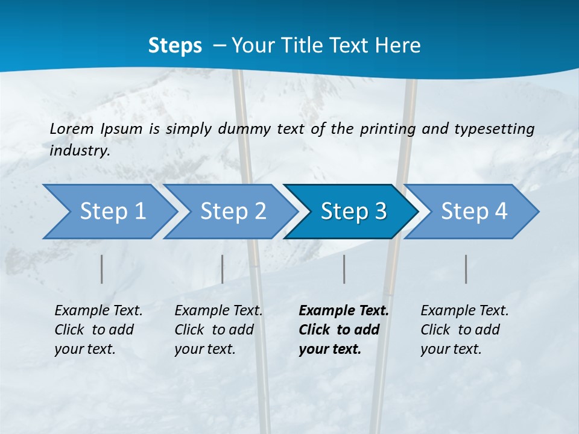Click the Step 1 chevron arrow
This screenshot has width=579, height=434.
[x=109, y=212]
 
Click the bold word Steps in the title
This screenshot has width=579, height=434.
[x=175, y=46]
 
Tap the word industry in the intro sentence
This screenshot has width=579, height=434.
[x=79, y=151]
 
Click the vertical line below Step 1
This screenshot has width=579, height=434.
[x=102, y=269]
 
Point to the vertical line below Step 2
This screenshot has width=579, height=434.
[x=223, y=269]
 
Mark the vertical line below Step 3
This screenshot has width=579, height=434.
[x=344, y=269]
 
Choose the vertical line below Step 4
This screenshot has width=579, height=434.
[x=466, y=269]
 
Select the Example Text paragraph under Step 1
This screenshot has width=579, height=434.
[x=98, y=330]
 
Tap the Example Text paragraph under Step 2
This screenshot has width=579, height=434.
[x=218, y=330]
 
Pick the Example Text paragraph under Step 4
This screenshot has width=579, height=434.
[x=464, y=330]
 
